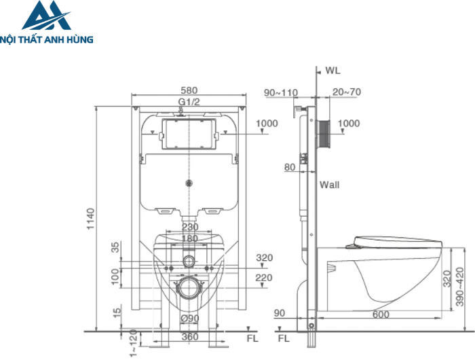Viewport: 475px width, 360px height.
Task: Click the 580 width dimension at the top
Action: pos(189,90)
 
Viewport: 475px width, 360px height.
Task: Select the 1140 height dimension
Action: pos(91,218)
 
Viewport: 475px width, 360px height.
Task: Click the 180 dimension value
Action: pos(190,238)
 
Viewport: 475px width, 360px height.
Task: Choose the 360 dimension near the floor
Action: pos(189,337)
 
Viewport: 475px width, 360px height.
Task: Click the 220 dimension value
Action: pos(264,278)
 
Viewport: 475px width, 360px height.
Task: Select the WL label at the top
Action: pos(332,70)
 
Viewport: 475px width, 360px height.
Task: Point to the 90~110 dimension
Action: pos(281,92)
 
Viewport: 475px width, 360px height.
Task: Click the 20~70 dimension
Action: pos(346,92)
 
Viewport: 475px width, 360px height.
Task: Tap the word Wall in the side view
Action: pos(330,185)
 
